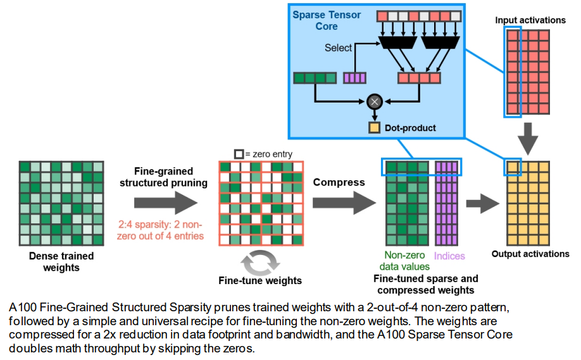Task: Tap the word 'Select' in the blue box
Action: [x=339, y=48]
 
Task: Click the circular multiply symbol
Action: [x=375, y=101]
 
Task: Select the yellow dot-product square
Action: [x=375, y=128]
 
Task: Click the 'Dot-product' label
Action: [x=409, y=128]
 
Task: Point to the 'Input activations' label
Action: [x=530, y=20]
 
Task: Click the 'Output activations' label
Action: [x=530, y=254]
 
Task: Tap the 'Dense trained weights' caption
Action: [x=61, y=262]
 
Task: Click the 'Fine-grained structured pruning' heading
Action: [x=164, y=177]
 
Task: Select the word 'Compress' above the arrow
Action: [x=339, y=182]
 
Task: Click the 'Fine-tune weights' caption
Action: [x=260, y=281]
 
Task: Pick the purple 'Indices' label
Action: [x=450, y=256]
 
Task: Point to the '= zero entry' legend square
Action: [x=239, y=154]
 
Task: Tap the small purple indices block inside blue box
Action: [x=354, y=78]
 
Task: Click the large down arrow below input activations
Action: [x=530, y=135]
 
